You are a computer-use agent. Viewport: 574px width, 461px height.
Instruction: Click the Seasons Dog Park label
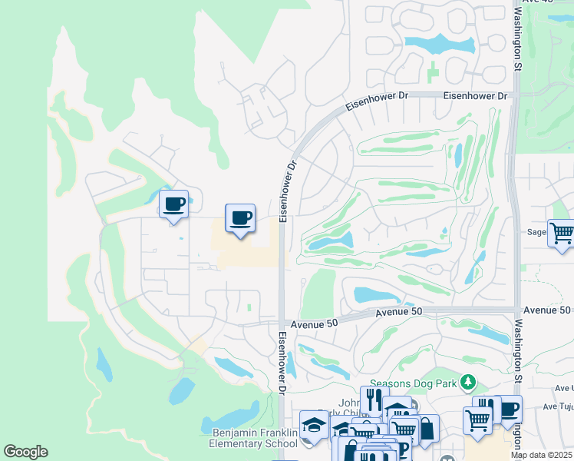413,383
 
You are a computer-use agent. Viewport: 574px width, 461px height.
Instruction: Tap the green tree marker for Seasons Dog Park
465,383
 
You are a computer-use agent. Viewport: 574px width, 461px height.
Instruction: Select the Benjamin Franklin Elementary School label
253,438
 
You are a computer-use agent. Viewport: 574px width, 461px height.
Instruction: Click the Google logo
25,452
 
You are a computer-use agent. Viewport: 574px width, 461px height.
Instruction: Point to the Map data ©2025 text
542,455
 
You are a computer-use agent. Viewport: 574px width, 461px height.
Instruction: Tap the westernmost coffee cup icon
174,205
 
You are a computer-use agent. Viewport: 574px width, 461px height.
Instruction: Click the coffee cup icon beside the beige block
239,218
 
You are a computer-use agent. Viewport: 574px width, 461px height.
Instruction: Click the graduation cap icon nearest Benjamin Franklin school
314,423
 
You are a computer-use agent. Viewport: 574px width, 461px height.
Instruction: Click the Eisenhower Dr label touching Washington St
477,96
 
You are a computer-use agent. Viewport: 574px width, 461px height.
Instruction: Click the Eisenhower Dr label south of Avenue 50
282,362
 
